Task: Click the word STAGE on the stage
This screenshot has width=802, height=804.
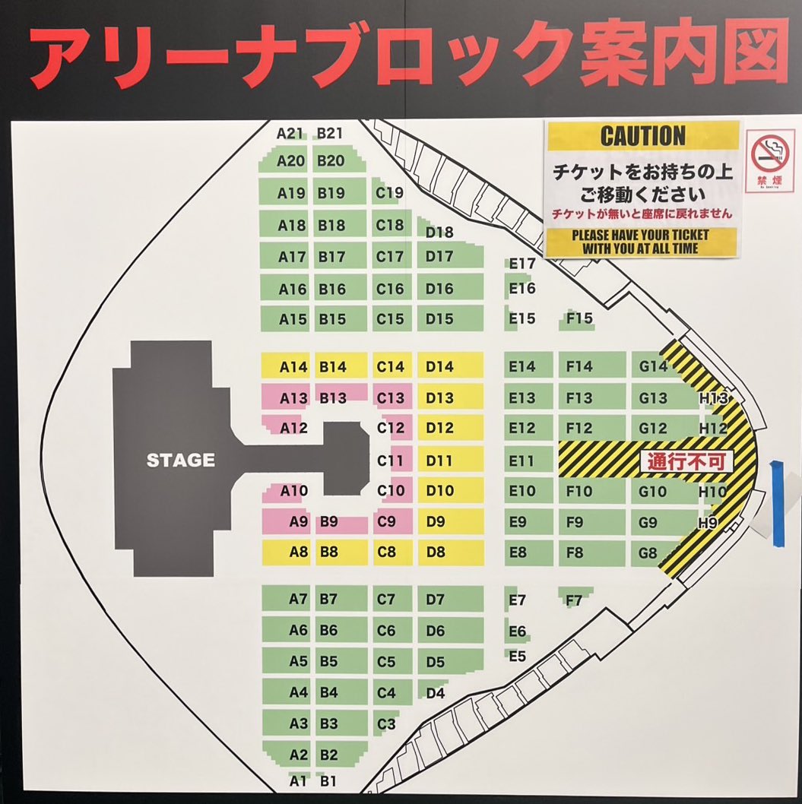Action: (180, 460)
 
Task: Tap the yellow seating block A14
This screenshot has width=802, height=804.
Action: (293, 366)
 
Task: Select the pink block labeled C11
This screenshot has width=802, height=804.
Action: (391, 461)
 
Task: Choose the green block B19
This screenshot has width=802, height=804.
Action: (331, 193)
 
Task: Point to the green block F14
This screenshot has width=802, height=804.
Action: (579, 366)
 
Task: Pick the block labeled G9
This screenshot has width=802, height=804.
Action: (648, 522)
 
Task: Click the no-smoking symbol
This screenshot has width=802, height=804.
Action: (769, 155)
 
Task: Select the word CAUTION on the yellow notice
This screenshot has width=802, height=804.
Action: (643, 136)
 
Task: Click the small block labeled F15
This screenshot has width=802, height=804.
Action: (579, 318)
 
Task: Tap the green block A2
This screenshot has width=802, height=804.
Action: (298, 755)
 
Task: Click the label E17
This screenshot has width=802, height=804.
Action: (522, 264)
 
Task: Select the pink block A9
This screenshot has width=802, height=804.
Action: (298, 522)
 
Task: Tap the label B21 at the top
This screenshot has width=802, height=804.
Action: (330, 133)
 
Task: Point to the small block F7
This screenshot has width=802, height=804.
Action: (574, 600)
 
